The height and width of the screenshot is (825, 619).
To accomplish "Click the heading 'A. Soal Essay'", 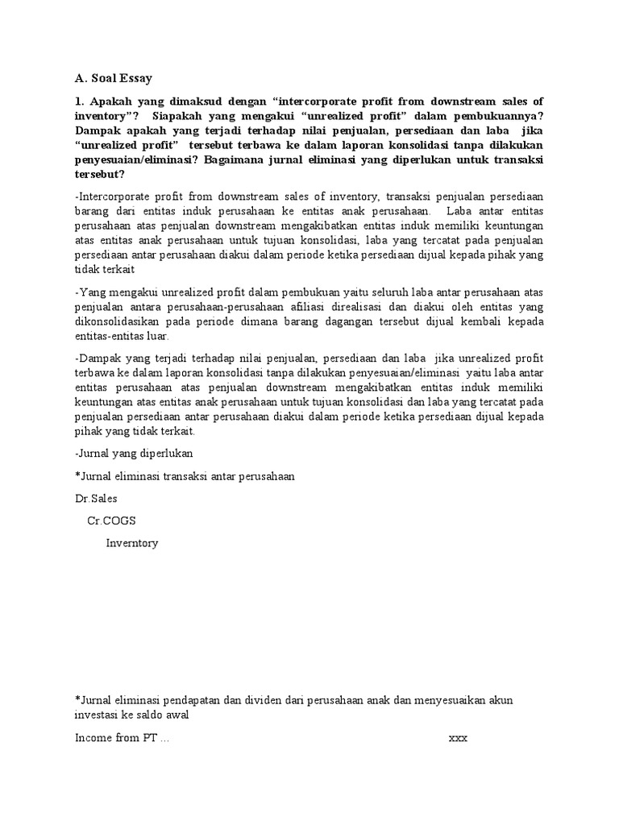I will pos(113,78).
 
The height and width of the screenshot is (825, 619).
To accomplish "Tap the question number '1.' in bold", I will pos(80,102).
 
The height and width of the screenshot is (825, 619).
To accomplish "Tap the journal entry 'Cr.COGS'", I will pos(112,520).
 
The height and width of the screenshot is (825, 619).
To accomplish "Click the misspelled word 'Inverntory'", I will pos(132,543).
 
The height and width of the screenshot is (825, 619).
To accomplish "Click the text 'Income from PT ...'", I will pos(123,738).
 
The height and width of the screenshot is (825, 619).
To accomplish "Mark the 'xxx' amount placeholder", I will pos(458,738).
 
